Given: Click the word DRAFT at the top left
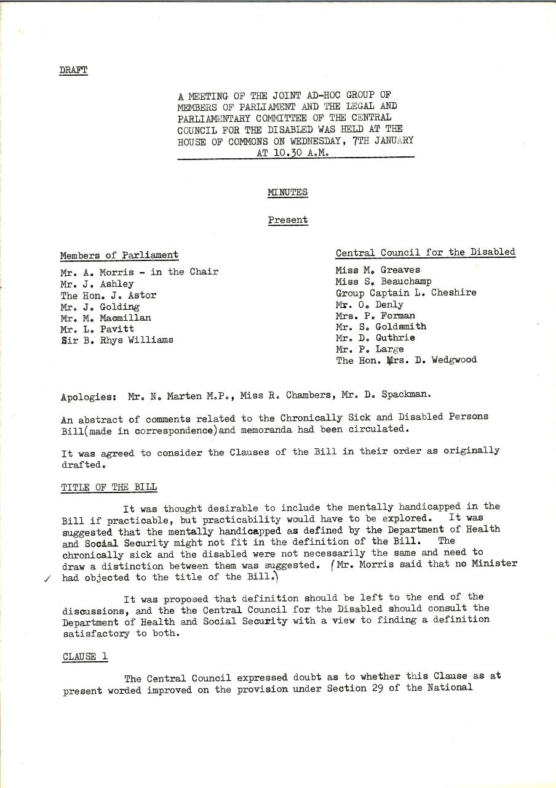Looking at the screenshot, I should pyautogui.click(x=73, y=70).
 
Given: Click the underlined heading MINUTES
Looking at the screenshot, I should pyautogui.click(x=288, y=193).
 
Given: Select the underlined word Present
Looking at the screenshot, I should pyautogui.click(x=288, y=220).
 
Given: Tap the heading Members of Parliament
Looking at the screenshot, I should pyautogui.click(x=119, y=255).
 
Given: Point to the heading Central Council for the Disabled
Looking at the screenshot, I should pyautogui.click(x=425, y=252).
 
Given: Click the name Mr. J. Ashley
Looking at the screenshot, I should pyautogui.click(x=97, y=284).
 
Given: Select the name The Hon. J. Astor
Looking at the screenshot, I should pyautogui.click(x=108, y=295).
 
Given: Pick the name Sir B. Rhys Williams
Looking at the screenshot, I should pyautogui.click(x=117, y=340).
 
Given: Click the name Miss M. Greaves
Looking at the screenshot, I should pyautogui.click(x=378, y=270).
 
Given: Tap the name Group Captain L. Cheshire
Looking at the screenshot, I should pyautogui.click(x=406, y=293).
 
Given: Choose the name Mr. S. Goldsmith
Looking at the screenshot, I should pyautogui.click(x=381, y=326).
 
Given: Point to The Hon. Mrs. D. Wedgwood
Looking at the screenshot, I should pyautogui.click(x=406, y=360).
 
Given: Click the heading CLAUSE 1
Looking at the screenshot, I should pyautogui.click(x=85, y=656).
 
